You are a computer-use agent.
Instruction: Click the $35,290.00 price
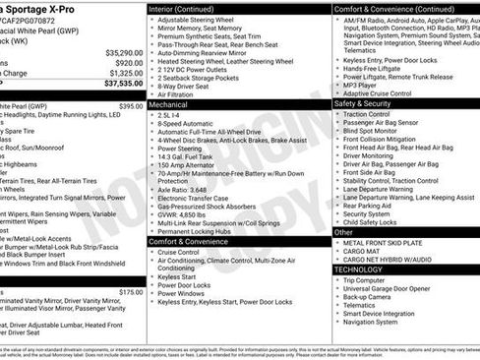[x=124, y=52]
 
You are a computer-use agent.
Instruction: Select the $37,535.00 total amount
[x=122, y=85]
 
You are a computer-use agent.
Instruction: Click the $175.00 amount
[x=131, y=292]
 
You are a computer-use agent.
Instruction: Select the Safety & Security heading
[x=362, y=103]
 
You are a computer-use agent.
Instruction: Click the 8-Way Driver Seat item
[x=187, y=85]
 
